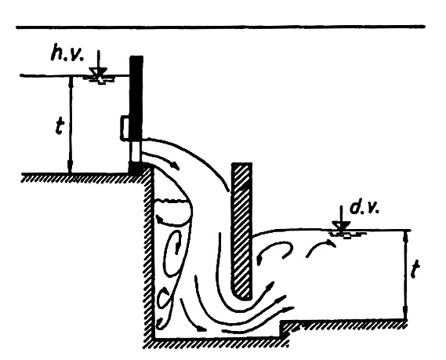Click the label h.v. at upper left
pyautogui.click(x=67, y=54)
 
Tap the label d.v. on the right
pyautogui.click(x=364, y=208)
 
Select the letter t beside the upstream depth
pyautogui.click(x=60, y=126)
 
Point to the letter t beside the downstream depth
pyautogui.click(x=416, y=270)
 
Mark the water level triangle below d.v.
pyautogui.click(x=343, y=226)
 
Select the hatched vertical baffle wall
pyautogui.click(x=241, y=231)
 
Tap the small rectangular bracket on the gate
pyautogui.click(x=125, y=128)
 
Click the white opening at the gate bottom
pyautogui.click(x=136, y=151)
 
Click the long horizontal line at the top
pyautogui.click(x=220, y=27)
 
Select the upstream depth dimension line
pyautogui.click(x=71, y=125)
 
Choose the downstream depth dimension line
pyautogui.click(x=406, y=275)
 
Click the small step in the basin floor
pyautogui.click(x=281, y=329)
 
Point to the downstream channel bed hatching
pyautogui.click(x=344, y=324)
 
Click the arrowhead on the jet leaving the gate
pyautogui.click(x=176, y=167)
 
